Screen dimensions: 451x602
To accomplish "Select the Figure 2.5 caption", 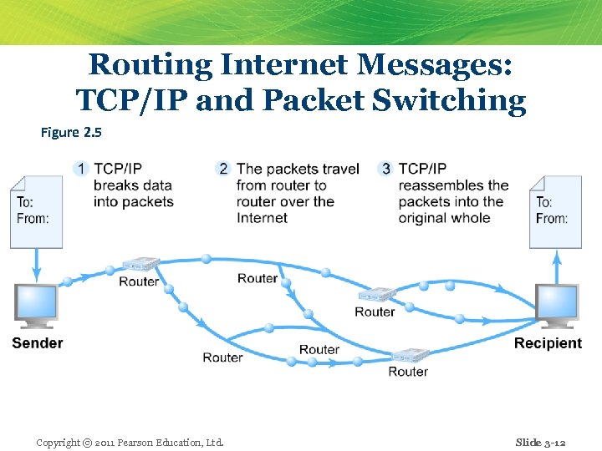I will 71,132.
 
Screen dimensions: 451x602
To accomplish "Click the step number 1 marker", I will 81,169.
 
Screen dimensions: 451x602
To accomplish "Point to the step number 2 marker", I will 222,169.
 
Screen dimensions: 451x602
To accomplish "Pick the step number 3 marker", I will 385,169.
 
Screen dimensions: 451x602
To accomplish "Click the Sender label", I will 38,343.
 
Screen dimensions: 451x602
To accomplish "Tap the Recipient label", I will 548,343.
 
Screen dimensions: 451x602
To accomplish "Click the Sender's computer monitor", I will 36,306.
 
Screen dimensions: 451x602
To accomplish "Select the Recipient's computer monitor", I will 557,306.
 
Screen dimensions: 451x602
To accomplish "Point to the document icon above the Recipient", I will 554,210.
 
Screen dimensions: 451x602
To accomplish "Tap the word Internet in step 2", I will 262,218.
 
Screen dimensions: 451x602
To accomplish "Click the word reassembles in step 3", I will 453,185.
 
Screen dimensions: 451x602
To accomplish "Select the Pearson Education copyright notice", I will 130,442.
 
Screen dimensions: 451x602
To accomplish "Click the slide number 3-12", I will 540,442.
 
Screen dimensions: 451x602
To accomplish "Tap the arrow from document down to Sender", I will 36,266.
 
